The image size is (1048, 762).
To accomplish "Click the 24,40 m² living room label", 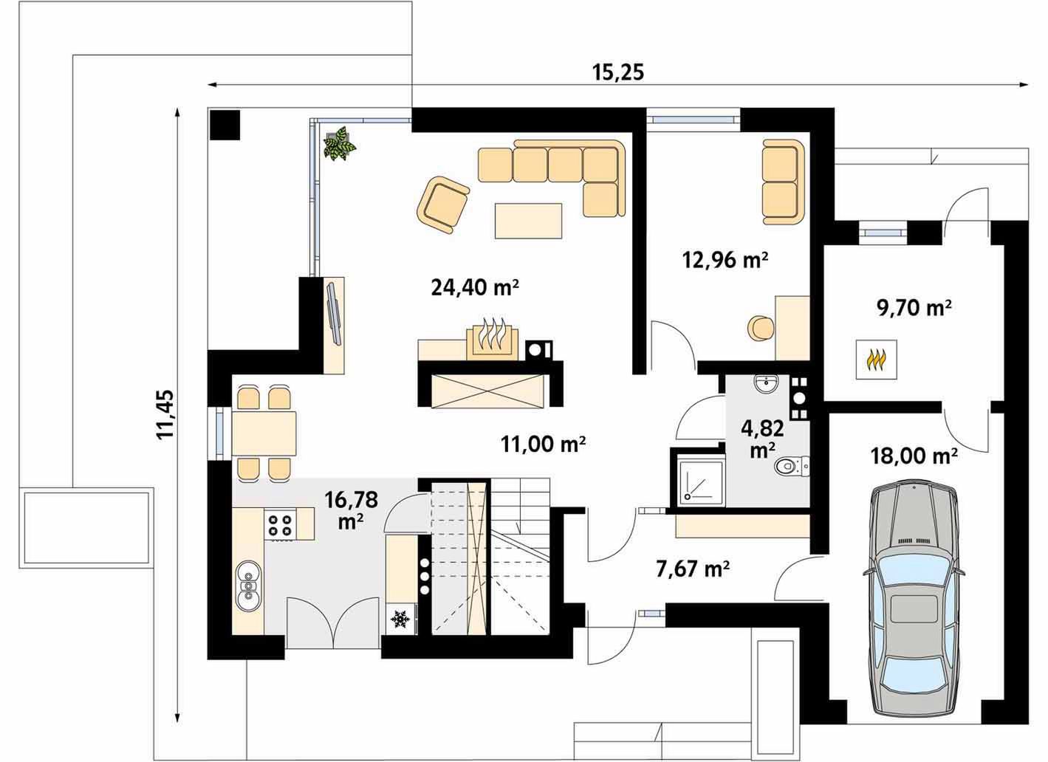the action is coord(475,287).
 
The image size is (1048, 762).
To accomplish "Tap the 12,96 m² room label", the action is coord(725,259).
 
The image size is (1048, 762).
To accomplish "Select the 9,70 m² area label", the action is coord(914,308).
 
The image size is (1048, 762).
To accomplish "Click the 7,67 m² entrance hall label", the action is coord(693,569).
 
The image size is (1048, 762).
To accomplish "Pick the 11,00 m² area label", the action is coord(543,444).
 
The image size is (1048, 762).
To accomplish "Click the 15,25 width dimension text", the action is coord(618,72).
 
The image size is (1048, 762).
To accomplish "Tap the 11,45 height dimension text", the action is coord(165,414).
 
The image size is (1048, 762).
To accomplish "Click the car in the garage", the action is coord(914,603).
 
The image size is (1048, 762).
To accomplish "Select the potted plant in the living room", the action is coord(340,143).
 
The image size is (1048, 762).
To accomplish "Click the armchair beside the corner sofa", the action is coord(442,205).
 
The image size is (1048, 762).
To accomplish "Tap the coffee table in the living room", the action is coord(528,221).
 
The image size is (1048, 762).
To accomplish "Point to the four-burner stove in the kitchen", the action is coord(280,525).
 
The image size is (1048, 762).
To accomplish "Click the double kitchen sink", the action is coord(249,586).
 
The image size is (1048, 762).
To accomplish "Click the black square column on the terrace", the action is coord(225,125).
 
